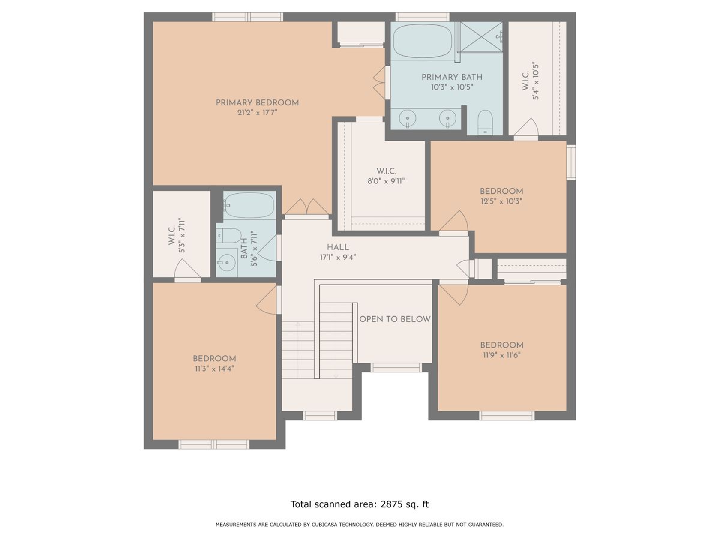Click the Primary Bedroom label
[257, 103]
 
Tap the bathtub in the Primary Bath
[422, 41]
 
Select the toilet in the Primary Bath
[484, 122]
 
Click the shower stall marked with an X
[480, 37]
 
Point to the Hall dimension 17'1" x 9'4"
[338, 257]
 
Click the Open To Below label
[395, 319]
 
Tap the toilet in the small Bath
[230, 235]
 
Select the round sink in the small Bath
[226, 262]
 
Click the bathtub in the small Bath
[249, 205]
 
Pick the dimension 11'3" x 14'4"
[215, 369]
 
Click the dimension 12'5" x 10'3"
[501, 202]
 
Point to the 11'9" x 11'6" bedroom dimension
[502, 355]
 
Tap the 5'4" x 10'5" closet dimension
[535, 80]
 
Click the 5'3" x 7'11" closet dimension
[182, 235]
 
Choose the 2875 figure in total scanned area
[391, 504]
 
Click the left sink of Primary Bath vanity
[407, 118]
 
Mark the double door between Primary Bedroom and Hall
[307, 207]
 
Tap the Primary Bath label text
[452, 77]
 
